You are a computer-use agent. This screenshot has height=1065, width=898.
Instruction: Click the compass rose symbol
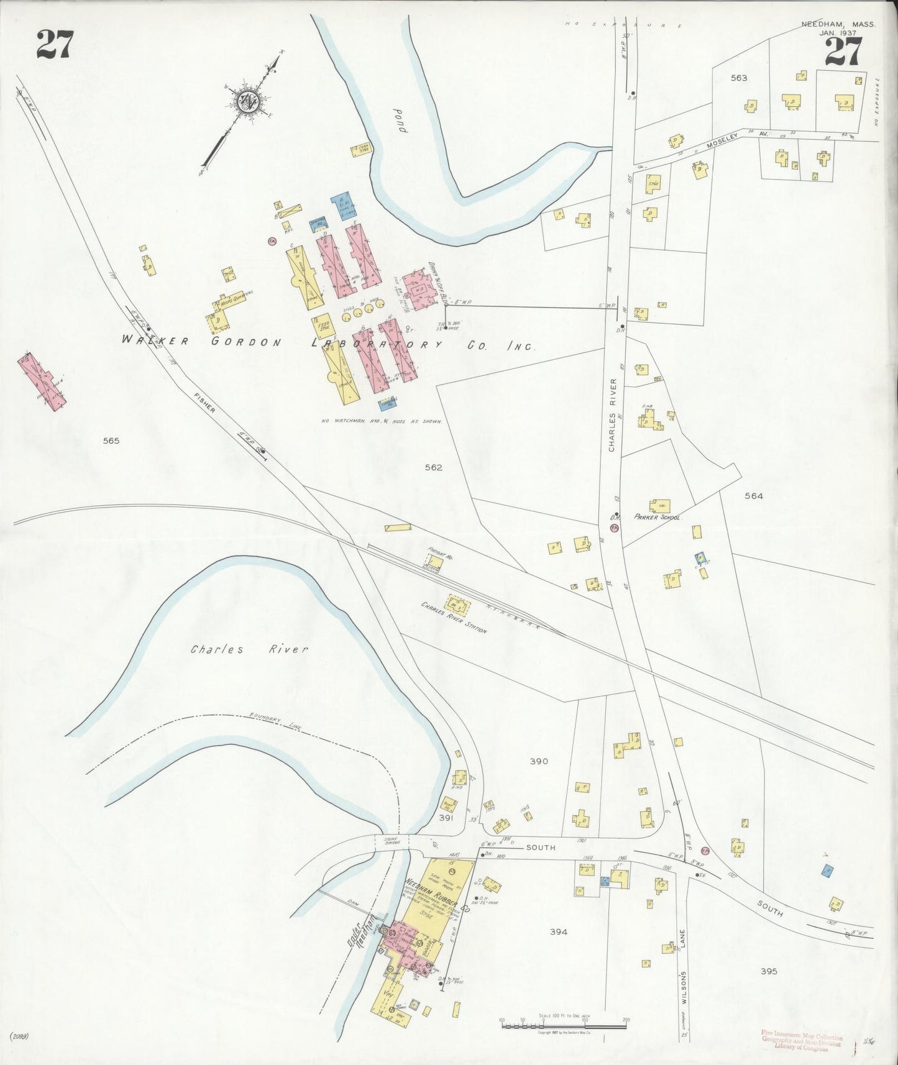(x=247, y=102)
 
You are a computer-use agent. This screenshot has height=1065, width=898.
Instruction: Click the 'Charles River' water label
(x=249, y=649)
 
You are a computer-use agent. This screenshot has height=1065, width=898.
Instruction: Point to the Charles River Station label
(x=454, y=617)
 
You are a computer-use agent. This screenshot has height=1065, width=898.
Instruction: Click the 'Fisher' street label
(x=204, y=402)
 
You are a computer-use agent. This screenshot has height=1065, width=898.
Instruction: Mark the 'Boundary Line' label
(x=274, y=723)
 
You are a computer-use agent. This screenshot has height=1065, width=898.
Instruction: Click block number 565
(x=111, y=441)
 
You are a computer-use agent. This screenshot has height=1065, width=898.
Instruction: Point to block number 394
(x=559, y=931)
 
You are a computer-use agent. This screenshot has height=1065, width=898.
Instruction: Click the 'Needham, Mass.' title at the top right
(x=838, y=24)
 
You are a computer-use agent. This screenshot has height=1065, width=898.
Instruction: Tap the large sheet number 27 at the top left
(x=55, y=45)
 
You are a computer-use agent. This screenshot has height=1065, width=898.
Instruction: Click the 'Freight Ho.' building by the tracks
(x=435, y=563)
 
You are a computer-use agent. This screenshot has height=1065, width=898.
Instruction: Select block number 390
(x=538, y=761)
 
